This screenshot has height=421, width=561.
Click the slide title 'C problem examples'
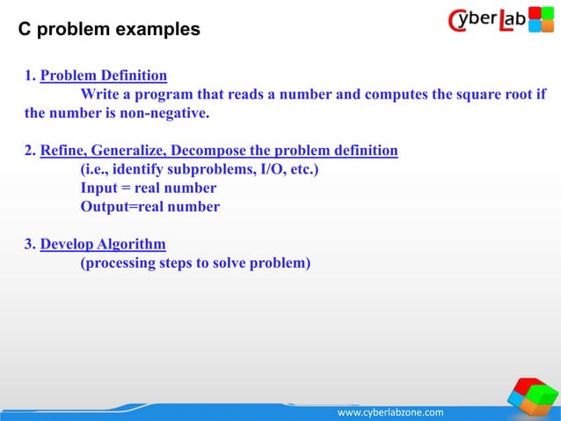point(110,30)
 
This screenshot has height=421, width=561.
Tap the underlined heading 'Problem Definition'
point(104,75)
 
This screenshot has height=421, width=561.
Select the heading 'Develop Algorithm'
point(103,244)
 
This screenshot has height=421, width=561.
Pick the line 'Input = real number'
point(148,188)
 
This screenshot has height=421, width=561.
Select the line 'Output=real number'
point(149,207)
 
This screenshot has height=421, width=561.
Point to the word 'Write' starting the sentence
point(99,95)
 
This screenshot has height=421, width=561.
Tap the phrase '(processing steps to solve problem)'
point(195,262)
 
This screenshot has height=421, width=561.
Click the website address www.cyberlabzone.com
point(391,412)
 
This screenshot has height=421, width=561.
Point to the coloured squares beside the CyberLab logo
point(540,19)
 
